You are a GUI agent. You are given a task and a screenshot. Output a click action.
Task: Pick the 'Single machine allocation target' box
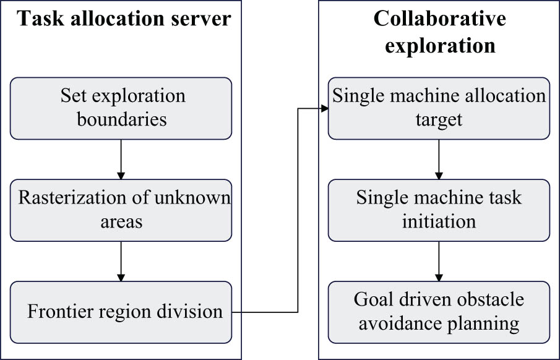coord(439,108)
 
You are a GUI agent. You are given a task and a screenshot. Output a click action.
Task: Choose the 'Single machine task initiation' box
coord(439,210)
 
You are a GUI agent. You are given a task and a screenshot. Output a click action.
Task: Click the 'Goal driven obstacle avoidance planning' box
coord(439,312)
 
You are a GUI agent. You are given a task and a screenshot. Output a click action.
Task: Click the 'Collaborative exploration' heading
coord(439,32)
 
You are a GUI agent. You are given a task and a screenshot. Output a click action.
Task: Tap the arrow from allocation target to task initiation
coord(439,159)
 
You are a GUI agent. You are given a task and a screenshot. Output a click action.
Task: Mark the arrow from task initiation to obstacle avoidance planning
coord(439,261)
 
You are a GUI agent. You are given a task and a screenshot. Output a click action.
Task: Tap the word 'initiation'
coord(439,221)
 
